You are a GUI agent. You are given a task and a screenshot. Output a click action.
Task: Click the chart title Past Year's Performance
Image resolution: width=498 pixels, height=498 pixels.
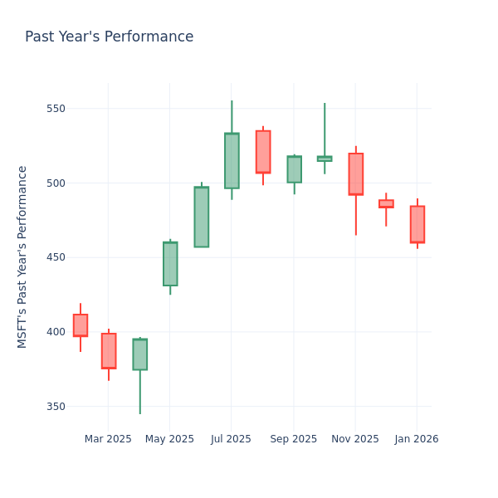pyautogui.click(x=109, y=37)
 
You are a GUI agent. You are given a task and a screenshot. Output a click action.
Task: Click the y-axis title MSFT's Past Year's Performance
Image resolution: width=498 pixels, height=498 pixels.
pyautogui.click(x=22, y=256)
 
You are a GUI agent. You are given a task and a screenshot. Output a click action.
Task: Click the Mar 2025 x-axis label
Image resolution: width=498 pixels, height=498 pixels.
pyautogui.click(x=108, y=439)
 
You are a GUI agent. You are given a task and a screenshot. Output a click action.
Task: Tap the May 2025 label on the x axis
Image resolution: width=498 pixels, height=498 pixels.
pyautogui.click(x=169, y=439)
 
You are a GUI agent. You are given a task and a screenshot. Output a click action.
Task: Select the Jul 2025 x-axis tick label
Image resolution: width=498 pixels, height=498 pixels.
pyautogui.click(x=231, y=439)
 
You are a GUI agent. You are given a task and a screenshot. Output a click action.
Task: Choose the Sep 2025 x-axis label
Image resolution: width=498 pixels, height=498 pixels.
pyautogui.click(x=293, y=439)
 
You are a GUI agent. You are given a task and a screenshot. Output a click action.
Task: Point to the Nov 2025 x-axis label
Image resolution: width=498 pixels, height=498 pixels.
pyautogui.click(x=354, y=439)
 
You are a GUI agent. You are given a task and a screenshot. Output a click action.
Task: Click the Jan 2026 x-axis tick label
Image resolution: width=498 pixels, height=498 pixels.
pyautogui.click(x=417, y=439)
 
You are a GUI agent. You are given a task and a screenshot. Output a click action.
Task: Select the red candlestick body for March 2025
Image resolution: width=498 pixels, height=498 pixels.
pyautogui.click(x=109, y=350)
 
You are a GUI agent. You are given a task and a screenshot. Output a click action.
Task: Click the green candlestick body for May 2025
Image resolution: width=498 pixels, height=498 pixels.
pyautogui.click(x=170, y=264)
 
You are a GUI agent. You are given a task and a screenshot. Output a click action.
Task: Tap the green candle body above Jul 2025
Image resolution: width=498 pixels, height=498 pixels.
pyautogui.click(x=232, y=161)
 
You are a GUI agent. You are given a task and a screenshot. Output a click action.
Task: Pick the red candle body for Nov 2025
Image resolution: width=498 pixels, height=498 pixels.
pyautogui.click(x=356, y=173)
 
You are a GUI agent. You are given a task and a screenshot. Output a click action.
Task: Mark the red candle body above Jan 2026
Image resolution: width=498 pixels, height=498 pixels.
pyautogui.click(x=417, y=224)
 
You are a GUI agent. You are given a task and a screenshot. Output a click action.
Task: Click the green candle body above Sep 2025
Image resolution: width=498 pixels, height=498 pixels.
pyautogui.click(x=295, y=169)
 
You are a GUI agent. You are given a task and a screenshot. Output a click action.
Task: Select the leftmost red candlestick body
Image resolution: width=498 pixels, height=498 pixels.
pyautogui.click(x=81, y=325)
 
